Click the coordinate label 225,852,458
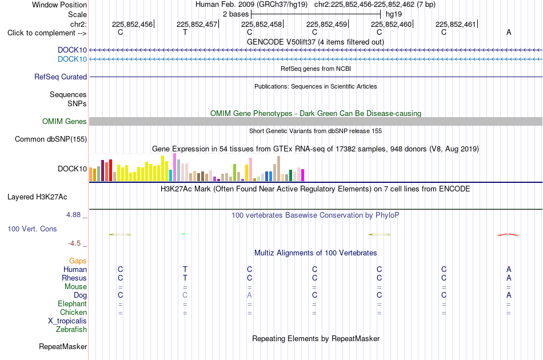coord(261,24)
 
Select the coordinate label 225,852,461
coord(456,24)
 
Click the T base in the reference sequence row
coord(185,32)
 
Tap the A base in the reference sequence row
coord(509,32)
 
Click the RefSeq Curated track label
coord(61,77)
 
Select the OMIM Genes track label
coord(65,122)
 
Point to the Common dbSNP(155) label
coord(51,139)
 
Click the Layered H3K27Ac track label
coord(37,197)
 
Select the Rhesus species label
coord(74,278)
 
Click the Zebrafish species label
coord(71,330)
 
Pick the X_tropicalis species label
coord(67,321)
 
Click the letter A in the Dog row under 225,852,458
coord(250,295)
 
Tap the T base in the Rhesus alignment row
coord(185,278)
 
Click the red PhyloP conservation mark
coord(508,235)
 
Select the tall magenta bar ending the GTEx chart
coord(303,175)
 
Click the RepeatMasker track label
coord(63,347)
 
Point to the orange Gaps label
coord(78,261)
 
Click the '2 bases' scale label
coord(236,14)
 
